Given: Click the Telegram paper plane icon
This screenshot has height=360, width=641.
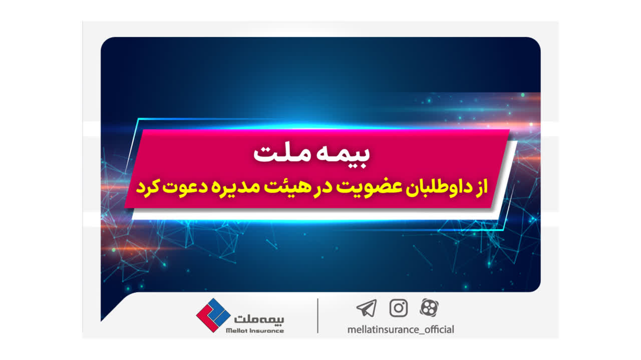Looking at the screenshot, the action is click(367, 308).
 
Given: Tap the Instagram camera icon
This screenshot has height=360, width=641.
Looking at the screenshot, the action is click(398, 308).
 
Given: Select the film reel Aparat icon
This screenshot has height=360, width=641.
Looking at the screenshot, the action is click(429, 307).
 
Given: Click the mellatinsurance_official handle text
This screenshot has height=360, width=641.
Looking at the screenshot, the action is click(401, 329).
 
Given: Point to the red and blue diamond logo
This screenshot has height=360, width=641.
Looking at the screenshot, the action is click(213, 315).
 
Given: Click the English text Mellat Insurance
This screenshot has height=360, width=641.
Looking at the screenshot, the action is click(255, 331).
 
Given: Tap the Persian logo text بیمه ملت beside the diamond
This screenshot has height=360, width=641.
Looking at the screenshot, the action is click(259, 319).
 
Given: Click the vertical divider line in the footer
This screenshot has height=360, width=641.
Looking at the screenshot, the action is click(317, 315).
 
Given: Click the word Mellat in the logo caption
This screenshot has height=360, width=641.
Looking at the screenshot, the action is click(237, 331).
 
